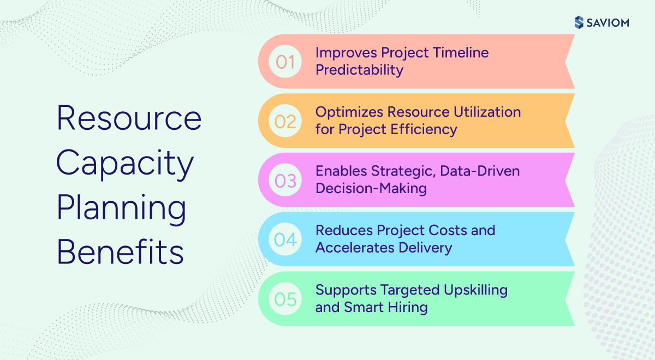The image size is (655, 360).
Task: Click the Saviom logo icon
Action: click(x=579, y=22)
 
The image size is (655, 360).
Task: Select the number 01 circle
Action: click(x=285, y=62)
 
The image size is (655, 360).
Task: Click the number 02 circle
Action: click(x=285, y=121)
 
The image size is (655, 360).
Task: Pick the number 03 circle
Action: click(x=285, y=180)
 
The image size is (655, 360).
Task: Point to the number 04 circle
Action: click(x=285, y=239)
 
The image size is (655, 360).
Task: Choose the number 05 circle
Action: click(x=285, y=299)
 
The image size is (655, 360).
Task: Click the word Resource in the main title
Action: click(x=129, y=118)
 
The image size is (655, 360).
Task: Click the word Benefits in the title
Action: click(x=120, y=253)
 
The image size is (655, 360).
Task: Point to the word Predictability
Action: click(x=359, y=70)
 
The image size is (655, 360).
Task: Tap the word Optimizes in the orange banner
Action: click(x=349, y=112)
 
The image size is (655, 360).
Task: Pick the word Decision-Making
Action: click(x=371, y=188)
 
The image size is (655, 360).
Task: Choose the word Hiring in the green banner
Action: click(x=408, y=307)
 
